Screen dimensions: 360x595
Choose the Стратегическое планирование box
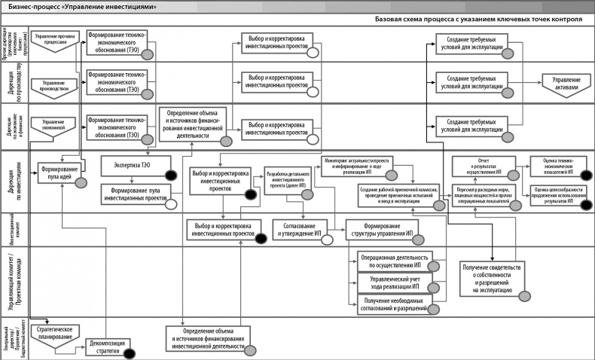(x=54, y=332)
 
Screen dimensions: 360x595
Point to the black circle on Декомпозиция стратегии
(x=129, y=352)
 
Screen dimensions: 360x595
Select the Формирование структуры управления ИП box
(x=380, y=230)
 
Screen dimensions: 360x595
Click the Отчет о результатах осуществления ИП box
(x=483, y=166)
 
